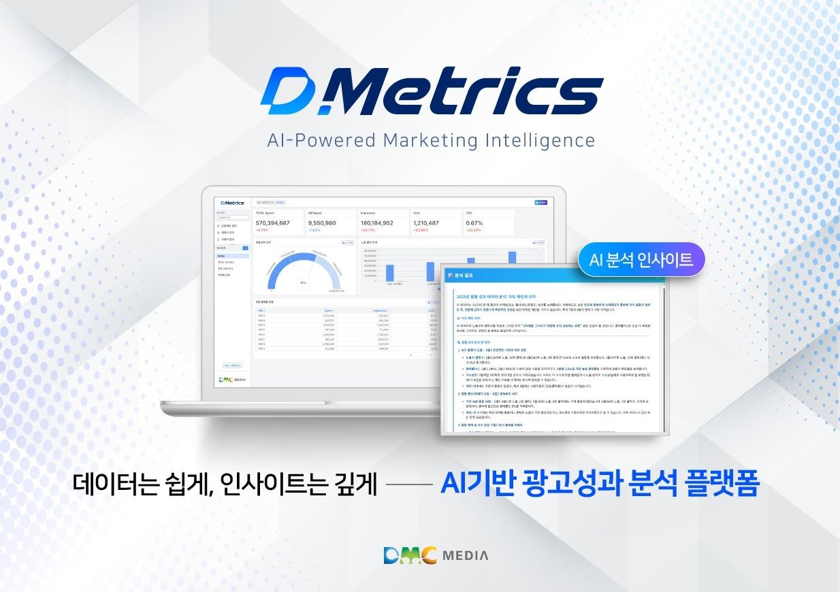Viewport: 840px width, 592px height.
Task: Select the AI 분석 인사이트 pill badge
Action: click(x=641, y=259)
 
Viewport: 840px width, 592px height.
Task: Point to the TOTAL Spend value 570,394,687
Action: click(x=273, y=223)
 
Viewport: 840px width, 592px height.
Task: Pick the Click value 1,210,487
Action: click(x=430, y=223)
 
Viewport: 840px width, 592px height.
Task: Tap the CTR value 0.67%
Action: click(x=474, y=223)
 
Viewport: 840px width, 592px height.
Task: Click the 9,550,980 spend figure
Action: click(x=322, y=223)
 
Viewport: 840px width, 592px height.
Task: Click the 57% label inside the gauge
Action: click(x=303, y=282)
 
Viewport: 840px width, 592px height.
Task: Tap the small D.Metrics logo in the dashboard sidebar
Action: click(x=231, y=203)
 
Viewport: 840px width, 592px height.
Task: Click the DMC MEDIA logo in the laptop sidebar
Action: click(x=232, y=379)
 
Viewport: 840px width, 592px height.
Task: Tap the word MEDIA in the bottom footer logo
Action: click(x=466, y=555)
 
